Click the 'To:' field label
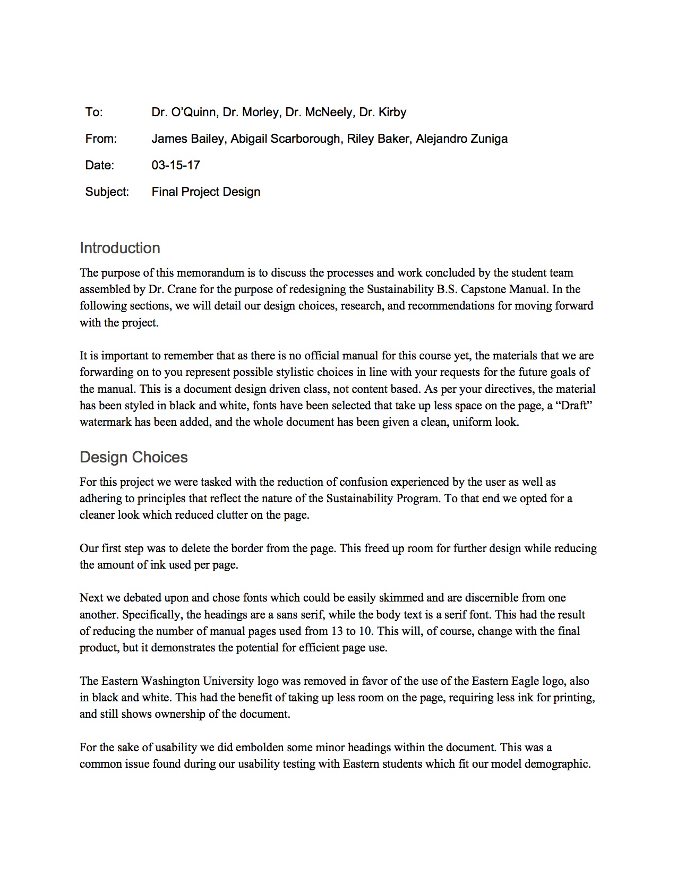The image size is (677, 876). coord(94,113)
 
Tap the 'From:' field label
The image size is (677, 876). coord(101,139)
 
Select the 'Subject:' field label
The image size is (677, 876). coord(107,192)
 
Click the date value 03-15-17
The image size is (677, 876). coord(176,166)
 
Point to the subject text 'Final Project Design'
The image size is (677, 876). coord(205,192)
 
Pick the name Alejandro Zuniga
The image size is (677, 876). coord(461,139)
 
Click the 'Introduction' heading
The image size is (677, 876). coord(119,248)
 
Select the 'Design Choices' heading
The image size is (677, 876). coord(133,458)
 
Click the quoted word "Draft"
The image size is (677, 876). coord(575,406)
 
